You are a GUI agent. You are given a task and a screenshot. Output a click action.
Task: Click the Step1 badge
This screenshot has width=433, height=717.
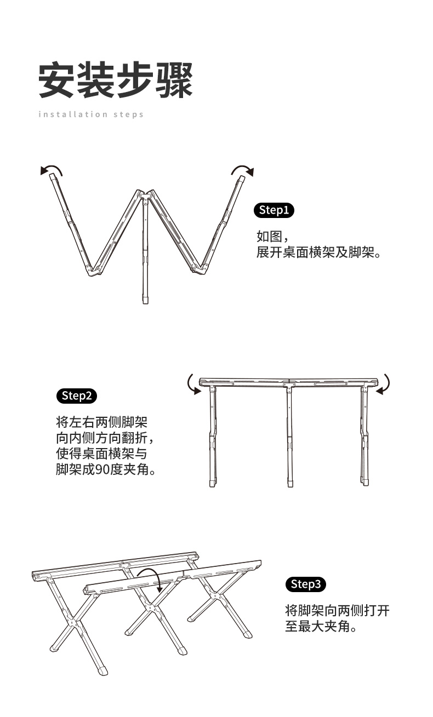pyautogui.click(x=274, y=210)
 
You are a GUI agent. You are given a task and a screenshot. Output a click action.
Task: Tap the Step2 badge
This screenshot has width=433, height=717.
pyautogui.click(x=77, y=396)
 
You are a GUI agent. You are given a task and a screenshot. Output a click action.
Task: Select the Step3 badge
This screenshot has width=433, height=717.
pyautogui.click(x=306, y=584)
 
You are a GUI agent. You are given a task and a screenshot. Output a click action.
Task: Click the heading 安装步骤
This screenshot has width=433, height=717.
pyautogui.click(x=116, y=81)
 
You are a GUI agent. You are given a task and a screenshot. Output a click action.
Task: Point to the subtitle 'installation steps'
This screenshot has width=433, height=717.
pyautogui.click(x=91, y=114)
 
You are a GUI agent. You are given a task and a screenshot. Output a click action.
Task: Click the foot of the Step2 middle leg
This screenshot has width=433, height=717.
pyautogui.click(x=290, y=484)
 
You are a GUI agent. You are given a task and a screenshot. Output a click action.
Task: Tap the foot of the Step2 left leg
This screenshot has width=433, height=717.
pyautogui.click(x=213, y=484)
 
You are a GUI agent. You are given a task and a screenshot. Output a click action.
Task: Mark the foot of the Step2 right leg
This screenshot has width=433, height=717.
pyautogui.click(x=364, y=482)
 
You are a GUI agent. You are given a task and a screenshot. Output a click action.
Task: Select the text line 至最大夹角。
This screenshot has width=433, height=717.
pyautogui.click(x=321, y=627)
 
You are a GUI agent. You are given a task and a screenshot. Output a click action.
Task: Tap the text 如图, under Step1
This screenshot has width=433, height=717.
pyautogui.click(x=271, y=237)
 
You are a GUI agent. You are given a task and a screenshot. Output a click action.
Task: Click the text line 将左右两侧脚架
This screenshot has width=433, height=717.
pyautogui.click(x=101, y=423)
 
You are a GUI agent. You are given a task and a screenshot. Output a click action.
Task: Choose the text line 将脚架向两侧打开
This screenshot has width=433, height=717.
pyautogui.click(x=337, y=611)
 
